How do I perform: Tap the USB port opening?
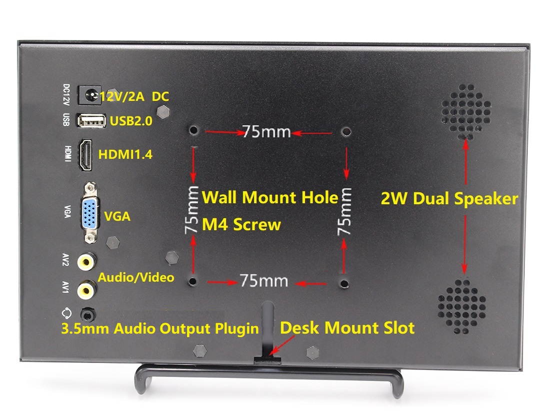coord(91,120)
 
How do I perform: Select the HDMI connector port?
coord(86,155)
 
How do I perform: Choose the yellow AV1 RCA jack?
coord(87,288)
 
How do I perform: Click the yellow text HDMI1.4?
coord(125,155)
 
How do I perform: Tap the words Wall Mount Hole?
coord(270,197)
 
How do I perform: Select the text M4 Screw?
coord(241,225)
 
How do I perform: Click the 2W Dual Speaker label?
coord(449,199)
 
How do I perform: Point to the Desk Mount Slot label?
coord(347,328)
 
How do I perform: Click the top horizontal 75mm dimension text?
coord(266,132)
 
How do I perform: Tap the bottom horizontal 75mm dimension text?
coord(263,281)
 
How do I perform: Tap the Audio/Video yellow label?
coord(136,277)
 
